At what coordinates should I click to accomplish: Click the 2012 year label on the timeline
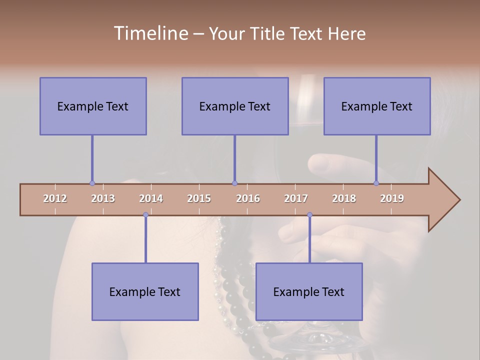tap(55, 198)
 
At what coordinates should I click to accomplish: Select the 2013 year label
tap(103, 198)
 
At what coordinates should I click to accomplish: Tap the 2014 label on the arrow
tap(151, 198)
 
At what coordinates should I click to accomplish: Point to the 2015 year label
tap(199, 198)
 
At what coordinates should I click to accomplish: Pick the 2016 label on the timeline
tap(248, 198)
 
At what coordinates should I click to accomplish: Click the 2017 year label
tap(296, 198)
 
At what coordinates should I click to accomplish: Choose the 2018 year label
tap(344, 198)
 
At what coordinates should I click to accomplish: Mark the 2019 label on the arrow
tap(392, 198)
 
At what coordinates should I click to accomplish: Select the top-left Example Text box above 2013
tap(93, 106)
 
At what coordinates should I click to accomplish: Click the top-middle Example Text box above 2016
tap(235, 106)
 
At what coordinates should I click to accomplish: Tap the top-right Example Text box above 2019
tap(377, 106)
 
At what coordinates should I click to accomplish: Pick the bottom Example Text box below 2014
tap(145, 291)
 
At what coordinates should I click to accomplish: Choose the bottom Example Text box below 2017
tap(309, 291)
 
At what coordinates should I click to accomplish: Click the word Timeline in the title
tap(150, 33)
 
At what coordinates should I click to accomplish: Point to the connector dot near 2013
tap(92, 183)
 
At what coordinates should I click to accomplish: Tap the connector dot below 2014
tap(145, 215)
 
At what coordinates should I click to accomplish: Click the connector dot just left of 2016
tap(234, 183)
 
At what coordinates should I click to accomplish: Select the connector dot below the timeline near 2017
tap(309, 215)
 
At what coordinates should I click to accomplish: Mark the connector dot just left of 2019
tap(376, 183)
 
